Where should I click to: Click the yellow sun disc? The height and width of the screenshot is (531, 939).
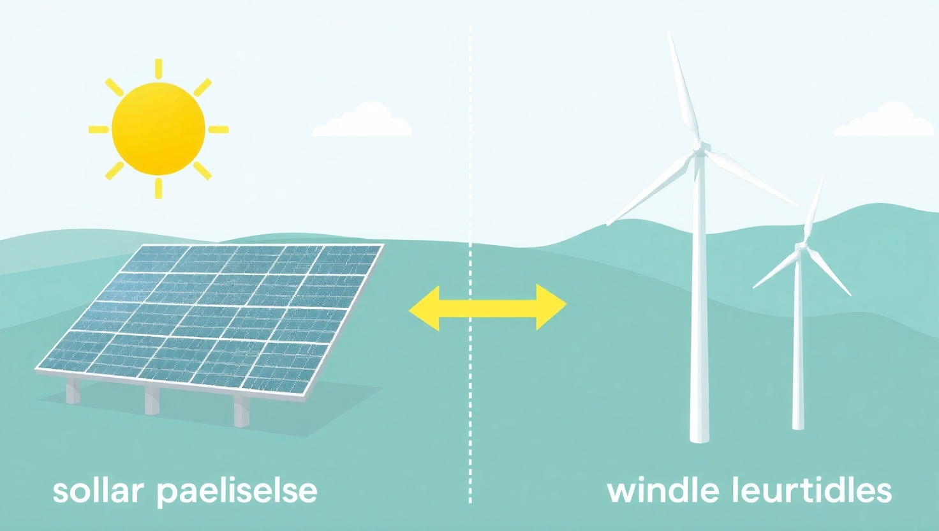click(158, 129)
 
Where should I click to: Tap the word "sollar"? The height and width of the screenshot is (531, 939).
click(98, 491)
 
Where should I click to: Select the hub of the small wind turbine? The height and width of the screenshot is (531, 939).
click(801, 246)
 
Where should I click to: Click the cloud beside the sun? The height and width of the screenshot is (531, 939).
click(362, 123)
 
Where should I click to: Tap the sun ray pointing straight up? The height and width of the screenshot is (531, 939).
click(158, 68)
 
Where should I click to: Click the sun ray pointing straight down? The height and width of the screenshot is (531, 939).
click(158, 188)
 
